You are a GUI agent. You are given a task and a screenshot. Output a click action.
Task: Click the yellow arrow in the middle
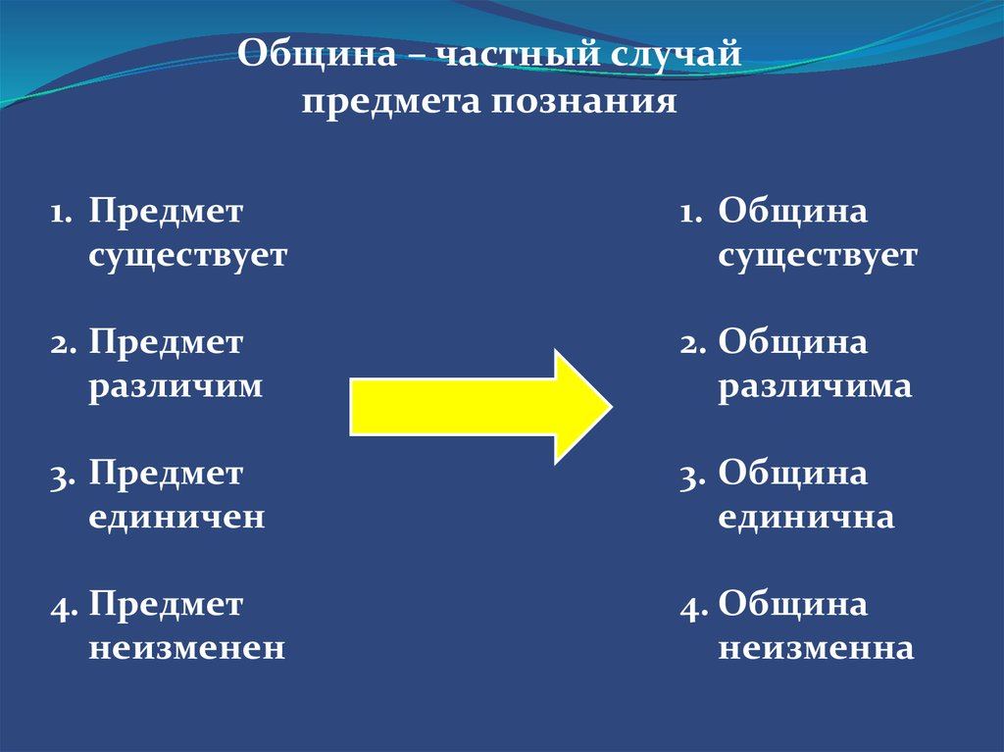480,407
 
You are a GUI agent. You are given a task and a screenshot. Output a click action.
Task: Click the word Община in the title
317,54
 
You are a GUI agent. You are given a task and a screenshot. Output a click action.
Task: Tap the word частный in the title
518,54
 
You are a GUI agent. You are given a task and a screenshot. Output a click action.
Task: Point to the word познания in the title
584,102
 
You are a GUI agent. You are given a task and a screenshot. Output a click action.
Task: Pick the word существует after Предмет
187,256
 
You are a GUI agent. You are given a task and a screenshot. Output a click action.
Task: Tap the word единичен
176,517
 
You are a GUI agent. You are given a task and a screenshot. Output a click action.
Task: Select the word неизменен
186,648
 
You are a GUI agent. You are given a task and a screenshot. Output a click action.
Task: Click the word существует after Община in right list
818,256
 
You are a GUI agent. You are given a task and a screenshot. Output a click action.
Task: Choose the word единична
806,517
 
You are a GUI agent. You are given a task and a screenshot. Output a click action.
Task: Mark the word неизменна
816,648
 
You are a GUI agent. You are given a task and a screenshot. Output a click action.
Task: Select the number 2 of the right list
693,345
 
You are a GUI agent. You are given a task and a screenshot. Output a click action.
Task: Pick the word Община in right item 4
792,605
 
